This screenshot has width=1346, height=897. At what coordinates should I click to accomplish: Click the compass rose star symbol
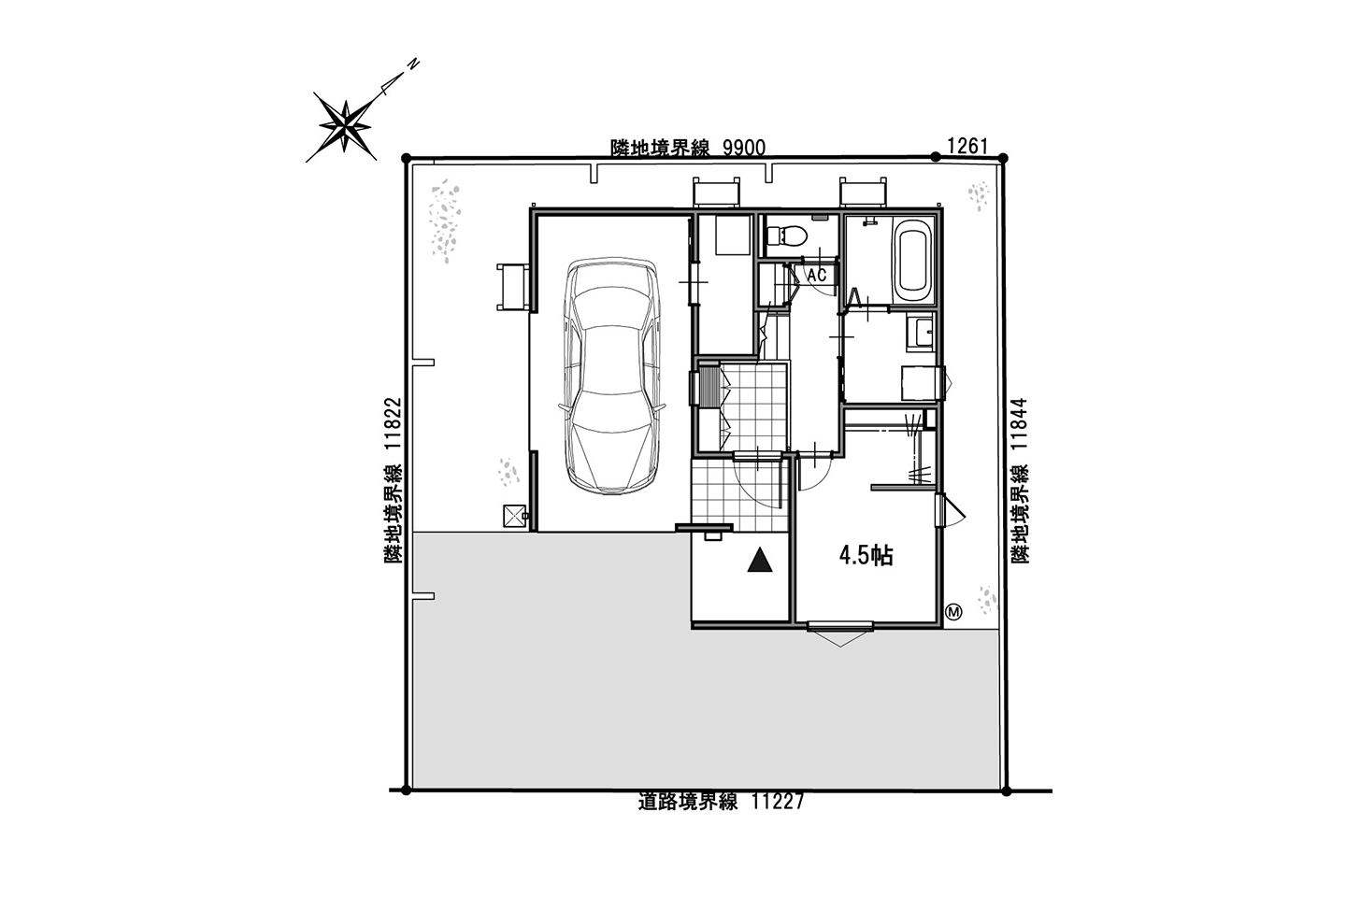pos(344,126)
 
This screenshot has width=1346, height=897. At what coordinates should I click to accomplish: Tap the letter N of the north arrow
pos(413,64)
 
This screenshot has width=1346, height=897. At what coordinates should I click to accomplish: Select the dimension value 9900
pos(744,148)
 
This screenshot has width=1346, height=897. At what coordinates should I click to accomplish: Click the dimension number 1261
pos(967,146)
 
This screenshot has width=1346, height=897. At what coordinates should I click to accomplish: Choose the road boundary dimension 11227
pos(778,802)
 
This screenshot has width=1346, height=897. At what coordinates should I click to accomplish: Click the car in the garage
pos(612,377)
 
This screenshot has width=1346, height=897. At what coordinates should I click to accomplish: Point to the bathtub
pos(912,262)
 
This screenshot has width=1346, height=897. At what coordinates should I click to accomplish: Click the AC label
pos(817,276)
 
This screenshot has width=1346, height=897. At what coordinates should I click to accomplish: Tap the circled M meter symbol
pos(953,612)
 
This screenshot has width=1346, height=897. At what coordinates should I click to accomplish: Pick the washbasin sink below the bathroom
pos(921,332)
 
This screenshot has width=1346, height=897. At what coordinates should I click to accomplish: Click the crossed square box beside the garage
pos(514,516)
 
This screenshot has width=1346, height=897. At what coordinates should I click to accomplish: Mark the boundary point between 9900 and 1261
pos(936,157)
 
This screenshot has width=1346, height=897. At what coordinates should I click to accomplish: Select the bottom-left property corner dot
pos(406,790)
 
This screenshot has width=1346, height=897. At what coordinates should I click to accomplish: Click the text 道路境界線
pos(688,802)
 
